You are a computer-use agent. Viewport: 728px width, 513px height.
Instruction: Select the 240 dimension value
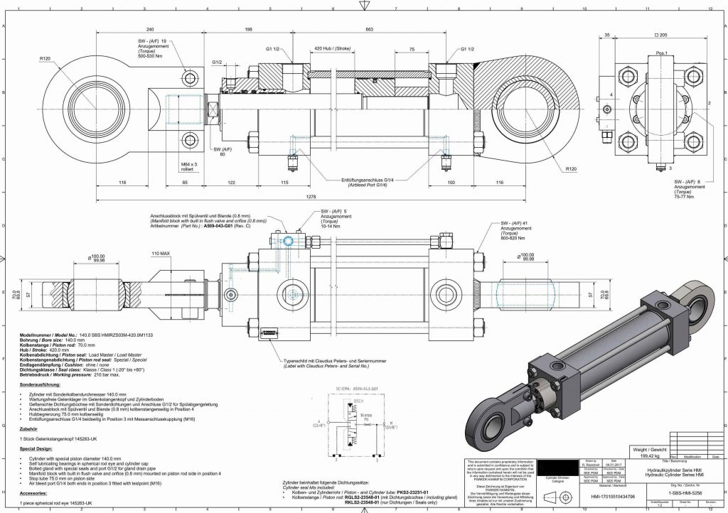149,29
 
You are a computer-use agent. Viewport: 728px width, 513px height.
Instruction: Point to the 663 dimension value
369,29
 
